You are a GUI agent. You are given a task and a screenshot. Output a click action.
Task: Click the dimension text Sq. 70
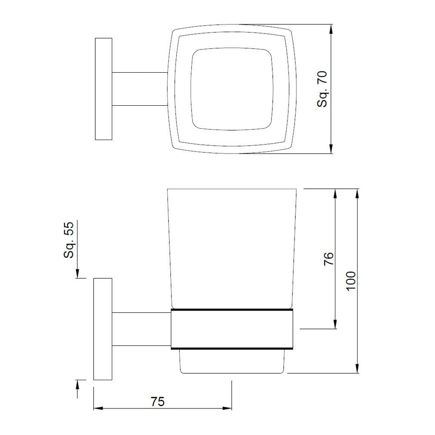pos(322,89)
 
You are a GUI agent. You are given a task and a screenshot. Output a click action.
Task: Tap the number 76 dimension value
pos(329,258)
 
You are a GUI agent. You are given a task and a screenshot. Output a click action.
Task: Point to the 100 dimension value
pos(351,281)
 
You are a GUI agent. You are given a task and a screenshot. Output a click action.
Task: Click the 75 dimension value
pos(158,401)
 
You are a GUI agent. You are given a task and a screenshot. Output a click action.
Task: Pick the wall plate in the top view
pos(104,89)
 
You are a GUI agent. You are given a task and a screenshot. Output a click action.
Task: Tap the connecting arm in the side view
pos(141,329)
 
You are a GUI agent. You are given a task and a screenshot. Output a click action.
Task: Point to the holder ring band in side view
pos(231,329)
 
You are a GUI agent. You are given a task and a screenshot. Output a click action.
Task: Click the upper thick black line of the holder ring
pos(231,310)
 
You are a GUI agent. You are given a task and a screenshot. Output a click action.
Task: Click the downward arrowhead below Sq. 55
pos(77,273)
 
